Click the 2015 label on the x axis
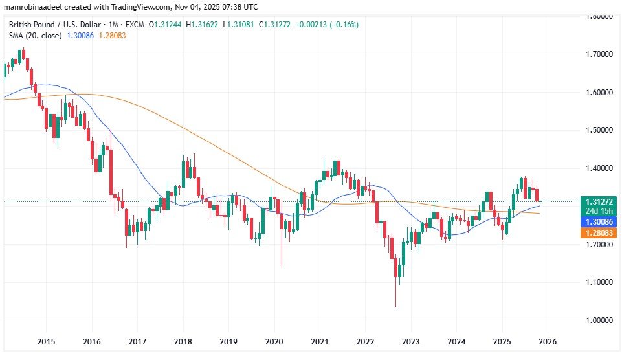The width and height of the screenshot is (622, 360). point(46,341)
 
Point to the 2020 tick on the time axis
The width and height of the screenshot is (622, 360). point(274,341)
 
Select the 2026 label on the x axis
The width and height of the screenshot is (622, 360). point(547,341)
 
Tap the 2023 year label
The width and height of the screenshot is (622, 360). point(411,341)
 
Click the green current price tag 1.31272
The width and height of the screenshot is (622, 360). point(595,201)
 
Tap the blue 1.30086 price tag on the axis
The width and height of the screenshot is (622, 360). point(595,221)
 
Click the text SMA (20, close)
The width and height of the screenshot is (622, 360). point(36,35)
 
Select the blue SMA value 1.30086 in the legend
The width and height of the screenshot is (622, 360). point(82,35)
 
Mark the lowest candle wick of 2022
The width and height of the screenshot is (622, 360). point(395,306)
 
